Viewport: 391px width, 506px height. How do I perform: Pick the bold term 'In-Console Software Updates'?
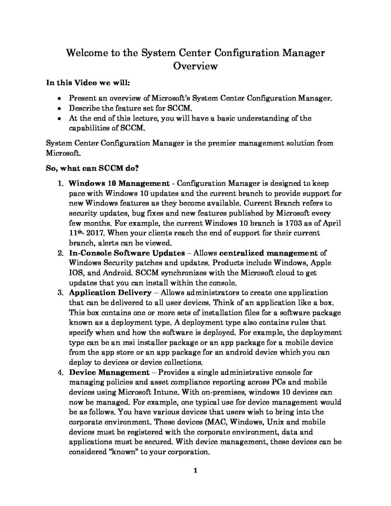pyautogui.click(x=127, y=253)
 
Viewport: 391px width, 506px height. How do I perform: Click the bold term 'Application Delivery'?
pyautogui.click(x=110, y=293)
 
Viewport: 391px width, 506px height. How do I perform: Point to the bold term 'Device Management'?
pyautogui.click(x=109, y=372)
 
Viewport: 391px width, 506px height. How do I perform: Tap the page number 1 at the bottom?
pyautogui.click(x=195, y=470)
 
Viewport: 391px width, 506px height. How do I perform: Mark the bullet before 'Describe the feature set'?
pyautogui.click(x=59, y=108)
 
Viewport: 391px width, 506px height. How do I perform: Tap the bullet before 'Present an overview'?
pyautogui.click(x=59, y=98)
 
